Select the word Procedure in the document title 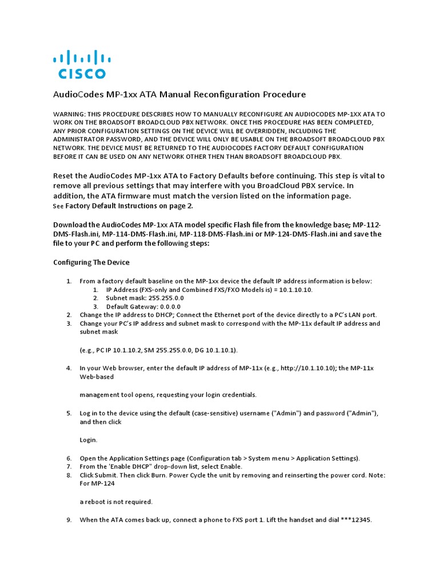(284, 94)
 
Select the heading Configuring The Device (91, 263)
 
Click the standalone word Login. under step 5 (89, 440)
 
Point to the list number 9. (69, 520)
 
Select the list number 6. (69, 458)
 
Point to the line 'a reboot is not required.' (116, 502)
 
